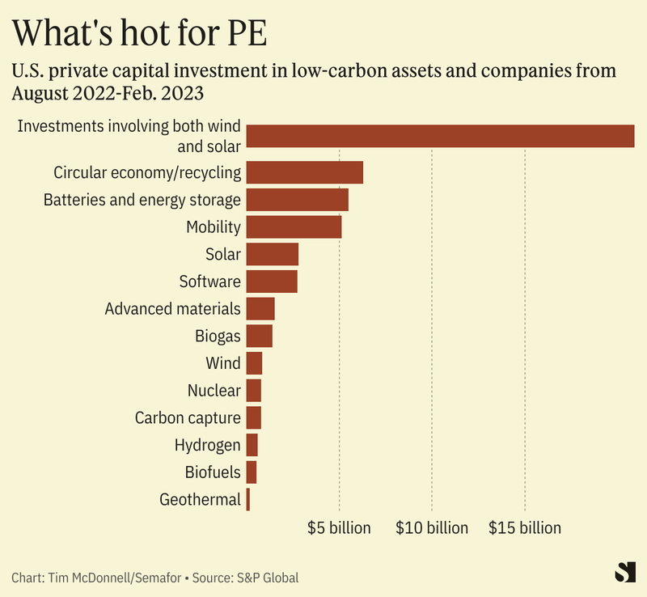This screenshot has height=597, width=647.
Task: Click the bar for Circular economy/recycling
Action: click(x=304, y=172)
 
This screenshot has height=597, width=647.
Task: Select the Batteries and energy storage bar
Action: click(x=297, y=200)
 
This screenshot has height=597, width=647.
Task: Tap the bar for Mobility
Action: click(x=294, y=227)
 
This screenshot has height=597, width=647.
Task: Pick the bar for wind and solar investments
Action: click(x=440, y=136)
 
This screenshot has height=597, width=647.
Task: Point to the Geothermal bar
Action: click(x=248, y=500)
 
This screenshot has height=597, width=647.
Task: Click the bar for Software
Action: click(x=272, y=282)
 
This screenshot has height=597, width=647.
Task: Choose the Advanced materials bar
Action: click(x=260, y=309)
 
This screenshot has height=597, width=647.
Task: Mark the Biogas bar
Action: click(x=259, y=336)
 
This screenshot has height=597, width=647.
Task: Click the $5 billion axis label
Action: click(x=339, y=528)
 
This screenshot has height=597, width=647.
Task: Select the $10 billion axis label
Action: click(x=432, y=528)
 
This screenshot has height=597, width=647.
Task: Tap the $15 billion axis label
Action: click(x=525, y=528)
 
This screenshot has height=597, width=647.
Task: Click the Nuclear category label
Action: click(x=214, y=391)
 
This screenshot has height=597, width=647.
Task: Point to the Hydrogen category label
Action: click(x=207, y=445)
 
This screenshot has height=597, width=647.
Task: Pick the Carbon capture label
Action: click(x=188, y=418)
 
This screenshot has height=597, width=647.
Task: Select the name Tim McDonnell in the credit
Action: click(x=88, y=578)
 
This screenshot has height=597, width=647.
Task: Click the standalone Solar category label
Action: click(x=223, y=254)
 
